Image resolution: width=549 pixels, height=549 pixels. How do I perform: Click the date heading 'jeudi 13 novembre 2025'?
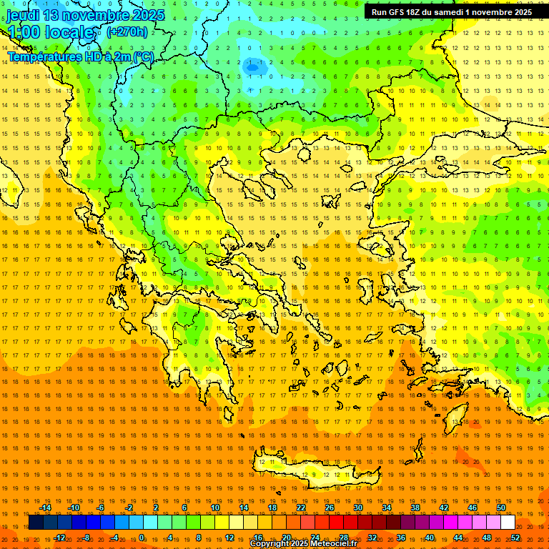pos(86,15)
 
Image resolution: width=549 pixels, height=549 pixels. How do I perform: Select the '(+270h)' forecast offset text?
pos(127,31)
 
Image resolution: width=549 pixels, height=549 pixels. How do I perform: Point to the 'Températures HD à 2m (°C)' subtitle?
pos(81,56)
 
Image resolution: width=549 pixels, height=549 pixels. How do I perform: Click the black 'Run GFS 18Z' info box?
pos(451,12)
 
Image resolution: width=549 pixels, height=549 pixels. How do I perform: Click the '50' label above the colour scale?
pos(501,508)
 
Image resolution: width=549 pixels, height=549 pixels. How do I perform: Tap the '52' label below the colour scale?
pos(515,538)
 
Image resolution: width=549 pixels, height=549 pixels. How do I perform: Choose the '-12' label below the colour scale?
pos(59,538)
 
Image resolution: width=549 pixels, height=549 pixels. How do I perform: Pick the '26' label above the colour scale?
pos(330,508)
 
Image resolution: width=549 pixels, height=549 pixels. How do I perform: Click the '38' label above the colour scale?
pos(415,508)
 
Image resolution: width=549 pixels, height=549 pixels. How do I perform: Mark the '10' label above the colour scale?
pos(215,508)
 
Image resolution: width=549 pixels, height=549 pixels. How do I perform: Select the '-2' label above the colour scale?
pos(129,508)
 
